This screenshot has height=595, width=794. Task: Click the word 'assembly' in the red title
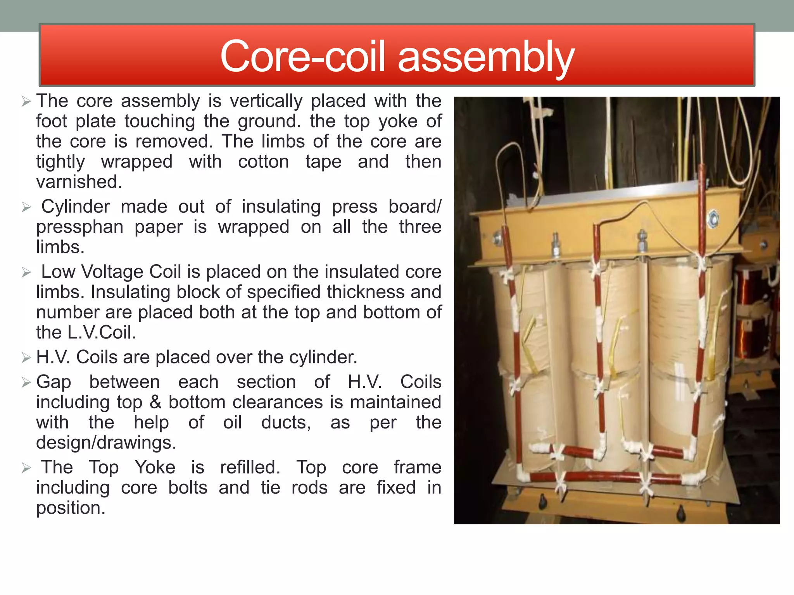point(486,57)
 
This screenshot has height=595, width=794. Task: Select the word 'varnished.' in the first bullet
point(79,182)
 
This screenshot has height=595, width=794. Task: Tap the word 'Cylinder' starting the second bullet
point(76,207)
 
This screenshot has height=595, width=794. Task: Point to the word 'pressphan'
point(80,227)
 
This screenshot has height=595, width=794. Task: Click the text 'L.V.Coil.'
point(102,333)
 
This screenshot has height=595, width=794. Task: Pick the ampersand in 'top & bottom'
point(155,402)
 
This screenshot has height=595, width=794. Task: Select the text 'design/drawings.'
point(106,443)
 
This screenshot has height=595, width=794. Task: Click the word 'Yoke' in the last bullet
point(155,468)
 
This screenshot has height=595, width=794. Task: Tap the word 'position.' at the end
point(71,508)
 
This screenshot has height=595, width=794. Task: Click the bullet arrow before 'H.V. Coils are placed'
point(26,358)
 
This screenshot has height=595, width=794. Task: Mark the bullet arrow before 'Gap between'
point(26,383)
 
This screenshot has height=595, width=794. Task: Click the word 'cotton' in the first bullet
point(264,162)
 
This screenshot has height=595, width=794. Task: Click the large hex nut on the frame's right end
point(713,219)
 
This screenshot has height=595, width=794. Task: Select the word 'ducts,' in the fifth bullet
point(286,423)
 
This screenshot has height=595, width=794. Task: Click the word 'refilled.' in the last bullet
point(250,468)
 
